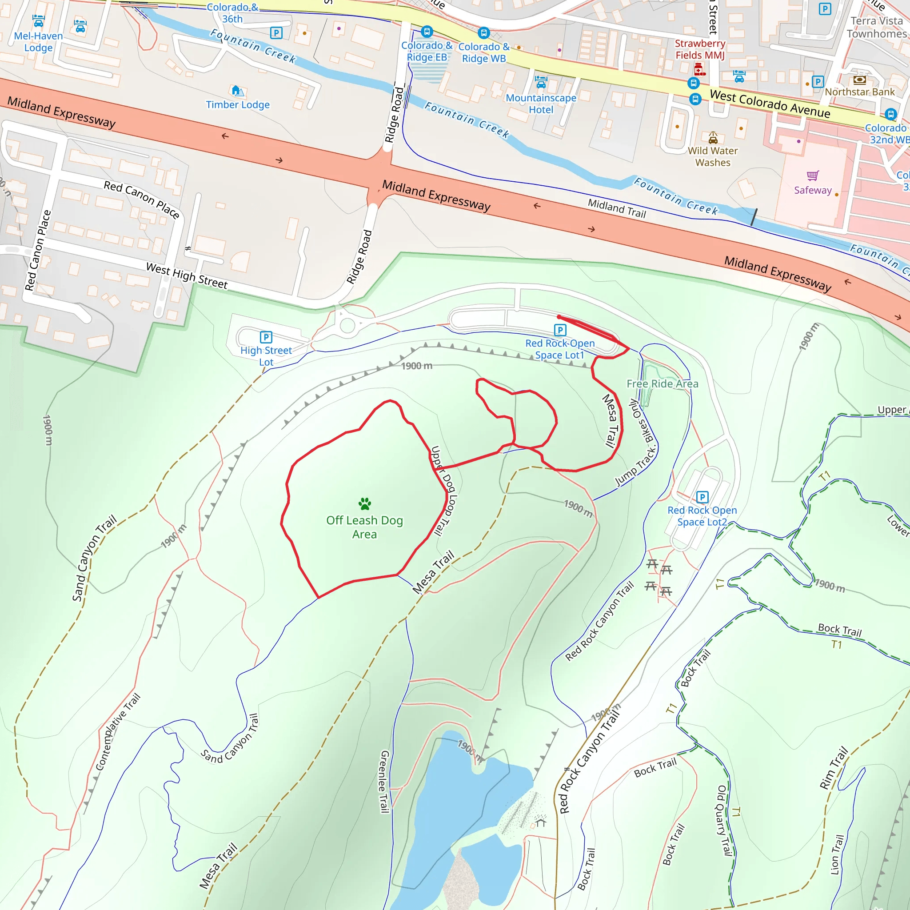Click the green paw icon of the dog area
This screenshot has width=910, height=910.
[364, 503]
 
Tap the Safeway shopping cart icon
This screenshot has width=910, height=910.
[813, 176]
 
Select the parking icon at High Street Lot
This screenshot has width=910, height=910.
[266, 337]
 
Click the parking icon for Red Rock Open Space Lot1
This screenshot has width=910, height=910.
[560, 330]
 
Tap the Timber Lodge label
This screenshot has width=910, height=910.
[238, 104]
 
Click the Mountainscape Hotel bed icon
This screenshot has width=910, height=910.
[541, 82]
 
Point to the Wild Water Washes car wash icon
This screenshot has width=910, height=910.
[713, 138]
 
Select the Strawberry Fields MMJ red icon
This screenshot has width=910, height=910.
[700, 70]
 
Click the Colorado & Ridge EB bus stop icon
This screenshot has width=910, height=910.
[427, 32]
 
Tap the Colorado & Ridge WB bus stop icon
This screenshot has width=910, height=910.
[484, 33]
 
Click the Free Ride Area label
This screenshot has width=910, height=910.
[662, 384]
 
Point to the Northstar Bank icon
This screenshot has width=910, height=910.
[860, 80]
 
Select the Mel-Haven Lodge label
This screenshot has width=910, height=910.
[38, 42]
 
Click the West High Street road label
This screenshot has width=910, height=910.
[187, 275]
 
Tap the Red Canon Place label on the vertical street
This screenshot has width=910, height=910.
[38, 251]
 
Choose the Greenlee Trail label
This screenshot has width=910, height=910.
[384, 782]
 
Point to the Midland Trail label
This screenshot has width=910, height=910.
[617, 208]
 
